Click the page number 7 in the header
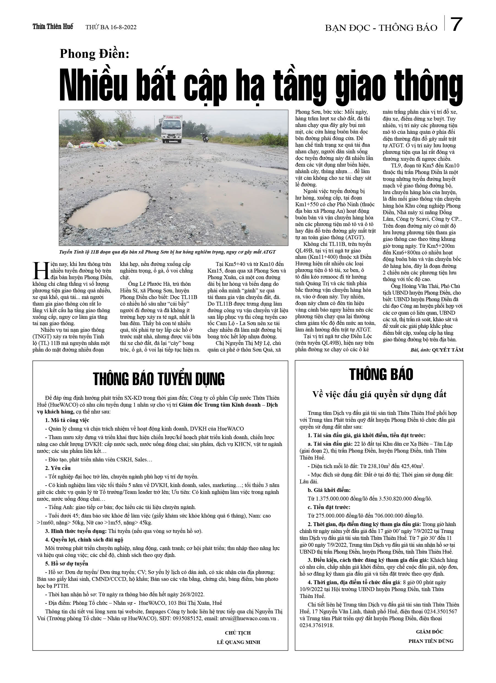click(x=456, y=25)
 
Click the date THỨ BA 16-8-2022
click(x=111, y=28)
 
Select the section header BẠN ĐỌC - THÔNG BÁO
click(x=381, y=28)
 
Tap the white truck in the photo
click(x=172, y=129)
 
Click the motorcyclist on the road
click(x=205, y=137)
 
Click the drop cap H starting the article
click(x=40, y=270)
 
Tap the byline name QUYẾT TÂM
click(x=448, y=350)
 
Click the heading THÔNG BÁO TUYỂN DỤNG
click(x=159, y=379)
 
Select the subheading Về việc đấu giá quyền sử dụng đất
click(x=379, y=394)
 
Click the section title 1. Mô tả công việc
click(x=67, y=420)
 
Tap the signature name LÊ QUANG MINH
click(x=238, y=642)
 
